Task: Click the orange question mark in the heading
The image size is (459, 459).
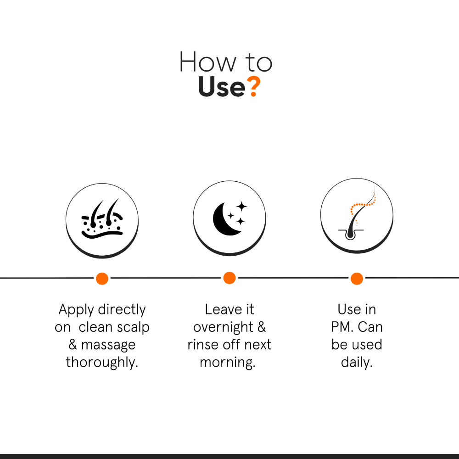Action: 253,86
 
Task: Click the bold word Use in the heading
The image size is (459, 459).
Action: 222,87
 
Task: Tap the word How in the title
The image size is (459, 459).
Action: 207,62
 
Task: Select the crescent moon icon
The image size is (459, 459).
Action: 227,218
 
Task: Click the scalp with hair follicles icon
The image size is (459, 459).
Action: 102,218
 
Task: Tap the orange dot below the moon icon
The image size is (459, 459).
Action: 229,278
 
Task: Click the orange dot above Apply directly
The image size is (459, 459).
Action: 102,279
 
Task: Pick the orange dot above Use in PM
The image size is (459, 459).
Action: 357,279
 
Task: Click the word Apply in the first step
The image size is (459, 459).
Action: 76,310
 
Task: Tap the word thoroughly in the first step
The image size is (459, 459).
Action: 102,363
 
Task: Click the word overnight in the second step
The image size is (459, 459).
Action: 223,327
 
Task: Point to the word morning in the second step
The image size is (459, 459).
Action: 228,363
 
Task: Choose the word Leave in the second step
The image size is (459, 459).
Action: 224,309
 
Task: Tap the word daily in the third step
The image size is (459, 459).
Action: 357,362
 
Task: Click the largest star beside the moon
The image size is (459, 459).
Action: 242,207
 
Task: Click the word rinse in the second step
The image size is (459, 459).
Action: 203,345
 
